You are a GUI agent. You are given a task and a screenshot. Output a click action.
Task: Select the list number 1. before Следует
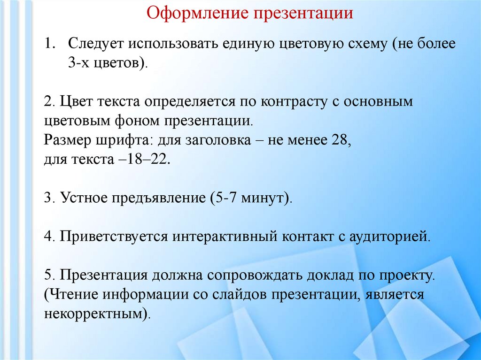(50, 44)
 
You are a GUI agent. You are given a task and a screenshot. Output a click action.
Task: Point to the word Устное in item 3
(83, 197)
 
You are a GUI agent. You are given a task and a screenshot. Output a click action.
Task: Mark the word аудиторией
(389, 235)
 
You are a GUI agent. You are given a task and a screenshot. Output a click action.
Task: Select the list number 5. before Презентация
(50, 275)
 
